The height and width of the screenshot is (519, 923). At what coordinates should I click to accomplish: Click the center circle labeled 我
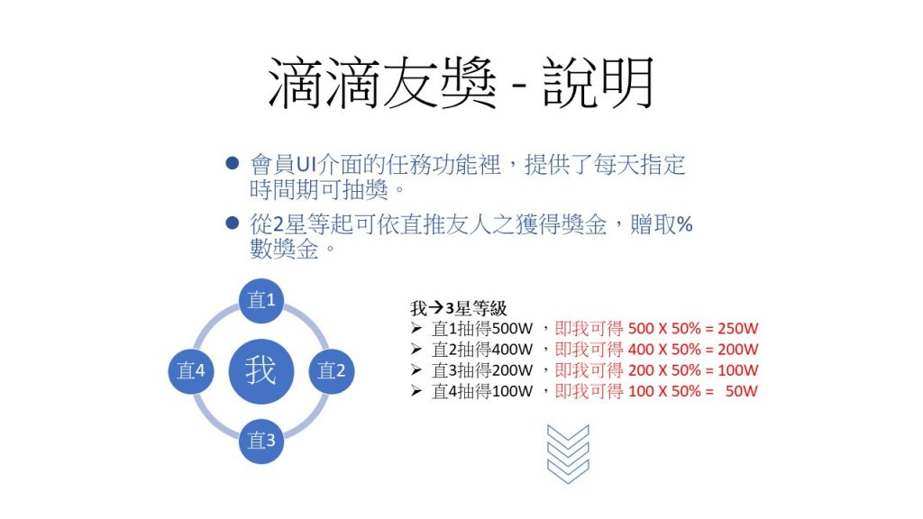(260, 370)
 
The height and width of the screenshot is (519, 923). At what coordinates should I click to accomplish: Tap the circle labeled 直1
(260, 300)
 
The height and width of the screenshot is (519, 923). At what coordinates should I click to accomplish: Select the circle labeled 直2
(332, 370)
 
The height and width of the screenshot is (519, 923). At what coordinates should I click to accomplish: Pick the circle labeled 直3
(260, 441)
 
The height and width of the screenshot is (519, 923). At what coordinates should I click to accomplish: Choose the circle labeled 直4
(191, 370)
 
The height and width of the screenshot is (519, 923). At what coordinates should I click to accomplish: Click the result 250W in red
(737, 328)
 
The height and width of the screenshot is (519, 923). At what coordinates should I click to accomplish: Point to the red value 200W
(737, 350)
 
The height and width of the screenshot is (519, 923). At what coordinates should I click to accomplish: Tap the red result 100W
(737, 370)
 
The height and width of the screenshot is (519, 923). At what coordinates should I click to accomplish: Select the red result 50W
(741, 391)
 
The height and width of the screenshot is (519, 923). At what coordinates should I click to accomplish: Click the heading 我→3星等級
(459, 308)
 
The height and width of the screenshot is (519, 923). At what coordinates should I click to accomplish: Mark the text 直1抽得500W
(482, 328)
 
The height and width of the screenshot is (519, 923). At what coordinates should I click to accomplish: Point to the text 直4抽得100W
(482, 391)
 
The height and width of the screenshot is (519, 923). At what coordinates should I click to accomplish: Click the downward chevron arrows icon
(568, 454)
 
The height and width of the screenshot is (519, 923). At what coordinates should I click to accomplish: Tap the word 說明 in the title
(599, 83)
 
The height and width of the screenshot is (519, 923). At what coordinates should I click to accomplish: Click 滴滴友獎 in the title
(382, 83)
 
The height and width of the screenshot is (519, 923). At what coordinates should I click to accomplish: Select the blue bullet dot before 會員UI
(233, 163)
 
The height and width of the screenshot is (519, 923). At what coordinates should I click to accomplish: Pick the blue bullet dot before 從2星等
(233, 223)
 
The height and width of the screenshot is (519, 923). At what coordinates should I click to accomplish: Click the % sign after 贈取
(684, 224)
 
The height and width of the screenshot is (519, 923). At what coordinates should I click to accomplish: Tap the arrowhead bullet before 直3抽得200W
(416, 370)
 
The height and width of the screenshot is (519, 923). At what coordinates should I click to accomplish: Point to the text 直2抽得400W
(482, 350)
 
